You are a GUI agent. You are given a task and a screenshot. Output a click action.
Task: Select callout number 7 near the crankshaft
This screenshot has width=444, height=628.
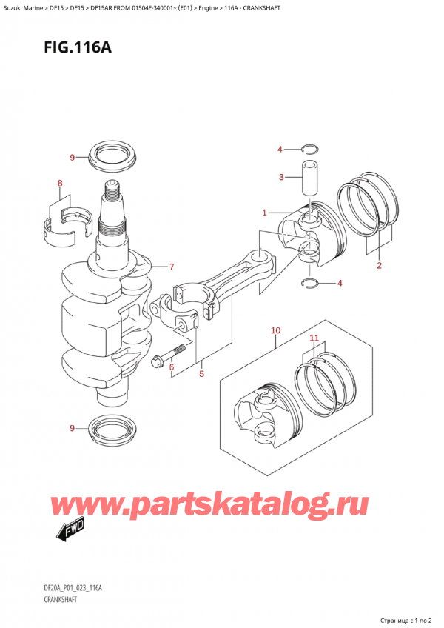tap(171, 267)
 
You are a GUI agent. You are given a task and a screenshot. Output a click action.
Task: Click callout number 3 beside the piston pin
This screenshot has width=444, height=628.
tap(280, 176)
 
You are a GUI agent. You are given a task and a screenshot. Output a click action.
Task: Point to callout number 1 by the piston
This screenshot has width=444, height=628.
tap(264, 213)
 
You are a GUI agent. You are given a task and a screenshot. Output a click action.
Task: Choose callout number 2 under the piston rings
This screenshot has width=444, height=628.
tap(379, 265)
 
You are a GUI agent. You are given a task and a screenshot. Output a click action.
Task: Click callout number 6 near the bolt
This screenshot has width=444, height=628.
tap(171, 367)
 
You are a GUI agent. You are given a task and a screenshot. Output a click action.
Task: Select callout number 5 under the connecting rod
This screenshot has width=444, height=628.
tap(201, 374)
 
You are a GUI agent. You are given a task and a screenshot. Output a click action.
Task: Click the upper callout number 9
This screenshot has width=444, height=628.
tap(73, 157)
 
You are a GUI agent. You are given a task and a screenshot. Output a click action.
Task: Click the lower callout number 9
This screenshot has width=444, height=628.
tap(72, 428)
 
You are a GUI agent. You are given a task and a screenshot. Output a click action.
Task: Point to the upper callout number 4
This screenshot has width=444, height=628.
tap(280, 150)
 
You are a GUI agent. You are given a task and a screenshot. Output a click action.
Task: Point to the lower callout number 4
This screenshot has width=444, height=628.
tap(340, 282)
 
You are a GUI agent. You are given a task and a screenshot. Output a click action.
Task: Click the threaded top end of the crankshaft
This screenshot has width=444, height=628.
tap(112, 195)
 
